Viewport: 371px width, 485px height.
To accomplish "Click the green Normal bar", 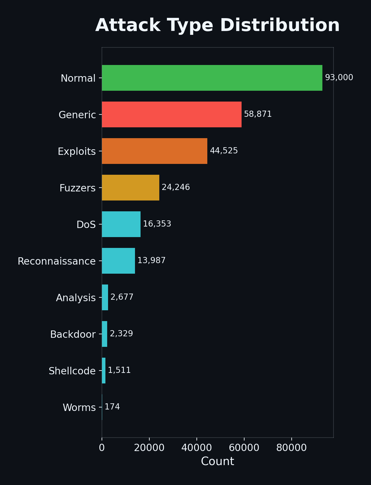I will pyautogui.click(x=212, y=78).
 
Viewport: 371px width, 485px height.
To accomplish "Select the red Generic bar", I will pyautogui.click(x=172, y=114).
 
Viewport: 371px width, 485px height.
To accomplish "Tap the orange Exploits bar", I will pyautogui.click(x=154, y=151).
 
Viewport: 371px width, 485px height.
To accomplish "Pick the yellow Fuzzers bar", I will pyautogui.click(x=130, y=188).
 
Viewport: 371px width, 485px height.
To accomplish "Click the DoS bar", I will pyautogui.click(x=121, y=224).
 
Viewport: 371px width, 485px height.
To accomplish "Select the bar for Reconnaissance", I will pyautogui.click(x=118, y=261).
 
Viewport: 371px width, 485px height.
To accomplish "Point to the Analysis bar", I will pyautogui.click(x=105, y=297).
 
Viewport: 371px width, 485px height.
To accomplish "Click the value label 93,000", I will pyautogui.click(x=339, y=78).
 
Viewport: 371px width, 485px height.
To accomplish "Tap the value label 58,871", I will pyautogui.click(x=258, y=114).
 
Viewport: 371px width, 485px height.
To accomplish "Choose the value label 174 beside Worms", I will pyautogui.click(x=112, y=407).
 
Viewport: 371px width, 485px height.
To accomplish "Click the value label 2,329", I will pyautogui.click(x=121, y=334).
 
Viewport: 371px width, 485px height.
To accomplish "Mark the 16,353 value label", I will pyautogui.click(x=157, y=224).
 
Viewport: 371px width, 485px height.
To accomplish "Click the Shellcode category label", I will pyautogui.click(x=72, y=371).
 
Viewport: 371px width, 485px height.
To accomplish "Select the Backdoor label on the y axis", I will pyautogui.click(x=73, y=334).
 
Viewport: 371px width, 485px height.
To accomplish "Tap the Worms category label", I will pyautogui.click(x=79, y=407).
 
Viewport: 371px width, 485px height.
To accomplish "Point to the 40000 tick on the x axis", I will pyautogui.click(x=196, y=448).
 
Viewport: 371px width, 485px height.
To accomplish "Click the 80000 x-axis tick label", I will pyautogui.click(x=291, y=448).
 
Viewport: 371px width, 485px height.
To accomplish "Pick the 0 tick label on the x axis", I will pyautogui.click(x=102, y=448).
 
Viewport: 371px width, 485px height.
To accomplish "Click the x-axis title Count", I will pyautogui.click(x=217, y=461).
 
